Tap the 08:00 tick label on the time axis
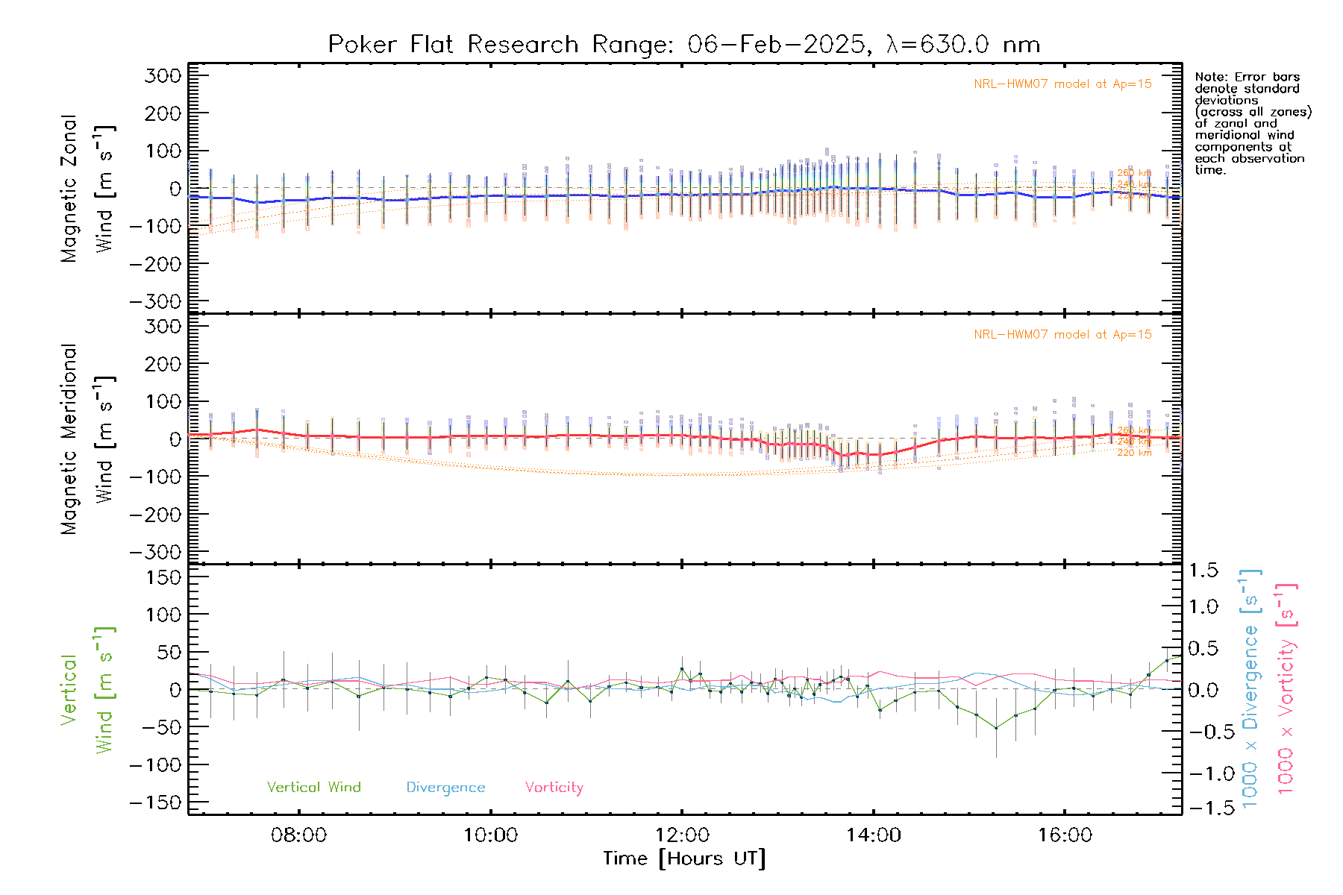(298, 835)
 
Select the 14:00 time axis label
(873, 835)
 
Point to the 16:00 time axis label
(1065, 835)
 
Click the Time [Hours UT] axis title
(684, 858)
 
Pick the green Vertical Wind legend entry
(313, 788)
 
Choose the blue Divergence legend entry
(445, 788)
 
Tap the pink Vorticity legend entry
(554, 788)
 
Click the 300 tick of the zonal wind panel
(163, 75)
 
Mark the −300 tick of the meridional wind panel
(155, 552)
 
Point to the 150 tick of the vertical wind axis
(163, 577)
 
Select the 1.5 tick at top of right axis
(1203, 571)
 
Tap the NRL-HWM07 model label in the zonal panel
(1062, 84)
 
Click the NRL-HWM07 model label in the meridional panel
(1062, 335)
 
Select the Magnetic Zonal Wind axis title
(88, 188)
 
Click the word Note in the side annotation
(1209, 77)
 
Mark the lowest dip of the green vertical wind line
(995, 728)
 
